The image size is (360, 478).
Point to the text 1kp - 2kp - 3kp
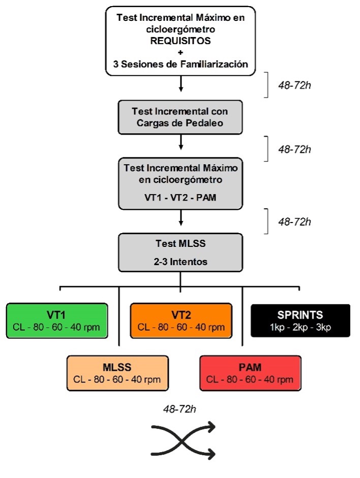pyautogui.click(x=301, y=327)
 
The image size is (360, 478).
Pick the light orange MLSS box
pyautogui.click(x=118, y=373)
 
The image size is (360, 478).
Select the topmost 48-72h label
pyautogui.click(x=292, y=84)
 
